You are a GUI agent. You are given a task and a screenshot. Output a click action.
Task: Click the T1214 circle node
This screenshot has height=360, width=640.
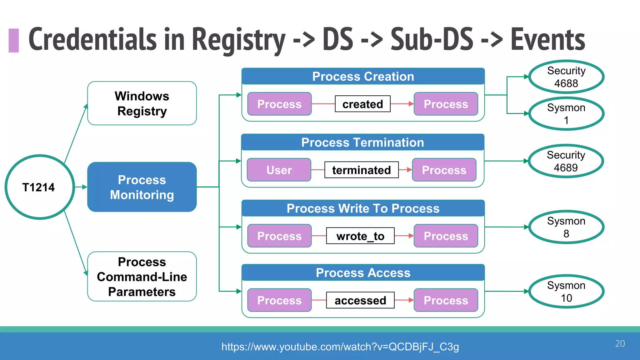click(39, 187)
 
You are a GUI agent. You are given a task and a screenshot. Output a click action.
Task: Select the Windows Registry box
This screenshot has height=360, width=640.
click(142, 103)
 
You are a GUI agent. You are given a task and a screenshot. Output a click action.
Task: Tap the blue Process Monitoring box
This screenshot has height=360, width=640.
click(142, 187)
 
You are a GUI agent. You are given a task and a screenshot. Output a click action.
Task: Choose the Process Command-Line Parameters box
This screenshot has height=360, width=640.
click(142, 277)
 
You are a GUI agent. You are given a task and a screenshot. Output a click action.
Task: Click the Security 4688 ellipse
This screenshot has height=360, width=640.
click(566, 77)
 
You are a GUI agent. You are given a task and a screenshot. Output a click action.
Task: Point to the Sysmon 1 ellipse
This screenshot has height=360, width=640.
click(566, 114)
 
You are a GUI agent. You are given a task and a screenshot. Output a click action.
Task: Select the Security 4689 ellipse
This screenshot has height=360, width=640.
click(566, 161)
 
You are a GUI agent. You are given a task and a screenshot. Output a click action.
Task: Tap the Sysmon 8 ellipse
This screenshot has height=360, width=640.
click(566, 227)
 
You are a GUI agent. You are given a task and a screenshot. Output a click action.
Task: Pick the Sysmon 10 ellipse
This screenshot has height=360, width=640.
click(566, 292)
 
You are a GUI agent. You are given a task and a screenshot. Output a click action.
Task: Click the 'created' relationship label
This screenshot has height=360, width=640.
click(362, 104)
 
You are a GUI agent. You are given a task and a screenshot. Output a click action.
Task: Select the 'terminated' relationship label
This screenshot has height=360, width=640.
click(361, 170)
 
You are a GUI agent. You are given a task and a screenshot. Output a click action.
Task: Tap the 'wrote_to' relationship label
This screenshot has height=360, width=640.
click(360, 236)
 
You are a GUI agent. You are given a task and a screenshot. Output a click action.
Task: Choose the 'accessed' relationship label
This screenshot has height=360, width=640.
click(360, 300)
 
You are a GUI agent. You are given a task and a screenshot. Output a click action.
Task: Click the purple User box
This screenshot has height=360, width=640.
click(279, 170)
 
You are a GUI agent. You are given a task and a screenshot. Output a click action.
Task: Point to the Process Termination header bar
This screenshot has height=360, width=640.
click(362, 142)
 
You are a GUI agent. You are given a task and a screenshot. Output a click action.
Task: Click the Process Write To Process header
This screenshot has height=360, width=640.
click(363, 208)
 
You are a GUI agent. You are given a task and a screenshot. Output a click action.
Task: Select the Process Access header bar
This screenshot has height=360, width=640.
click(363, 273)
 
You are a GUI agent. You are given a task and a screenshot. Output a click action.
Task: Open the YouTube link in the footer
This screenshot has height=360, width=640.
click(340, 347)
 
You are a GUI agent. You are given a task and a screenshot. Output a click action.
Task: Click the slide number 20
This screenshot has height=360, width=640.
click(620, 343)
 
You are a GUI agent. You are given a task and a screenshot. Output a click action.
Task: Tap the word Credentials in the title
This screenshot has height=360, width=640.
click(92, 39)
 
